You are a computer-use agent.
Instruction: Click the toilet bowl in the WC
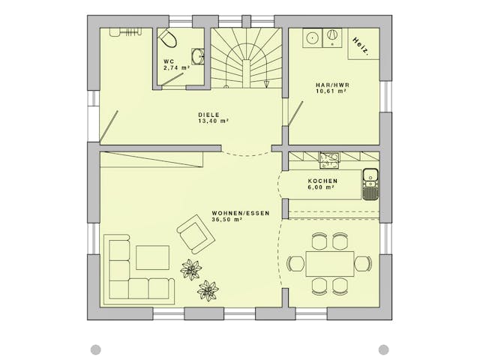167,38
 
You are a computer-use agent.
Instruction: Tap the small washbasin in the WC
199,56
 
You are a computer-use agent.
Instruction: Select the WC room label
169,61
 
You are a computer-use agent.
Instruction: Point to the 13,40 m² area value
214,121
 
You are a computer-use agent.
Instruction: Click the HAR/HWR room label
332,85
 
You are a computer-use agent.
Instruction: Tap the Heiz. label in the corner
360,46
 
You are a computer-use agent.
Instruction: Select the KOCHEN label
322,181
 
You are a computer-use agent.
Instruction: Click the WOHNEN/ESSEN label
241,213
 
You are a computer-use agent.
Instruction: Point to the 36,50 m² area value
227,220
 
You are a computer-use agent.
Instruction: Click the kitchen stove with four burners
329,160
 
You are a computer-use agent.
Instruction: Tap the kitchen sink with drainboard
370,184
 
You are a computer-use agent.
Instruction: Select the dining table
330,263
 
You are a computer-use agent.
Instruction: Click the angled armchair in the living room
195,234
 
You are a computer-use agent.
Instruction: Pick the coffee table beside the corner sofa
152,257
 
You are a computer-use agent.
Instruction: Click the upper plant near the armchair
190,269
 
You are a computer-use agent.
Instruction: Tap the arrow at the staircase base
267,84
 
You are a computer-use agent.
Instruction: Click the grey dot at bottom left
96,349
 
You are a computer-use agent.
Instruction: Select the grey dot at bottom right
383,349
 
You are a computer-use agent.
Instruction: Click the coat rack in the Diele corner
126,32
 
